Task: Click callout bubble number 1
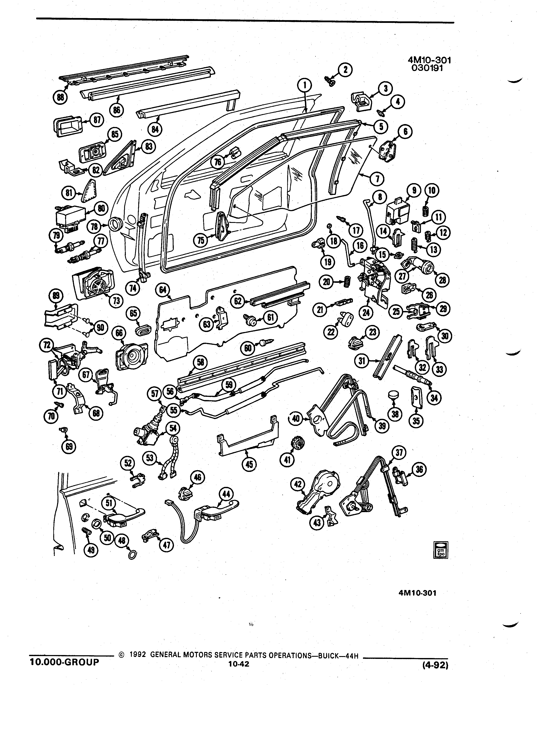tap(305, 86)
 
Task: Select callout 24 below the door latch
tap(366, 312)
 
